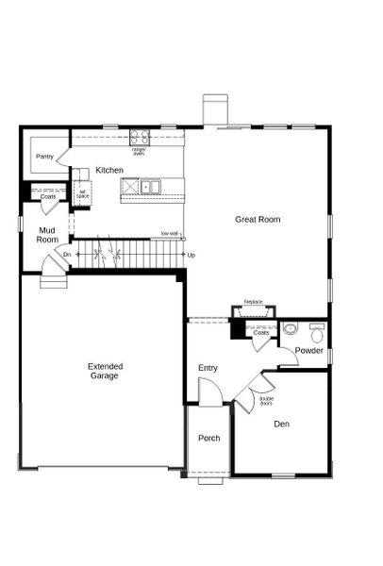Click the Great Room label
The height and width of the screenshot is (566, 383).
click(258, 220)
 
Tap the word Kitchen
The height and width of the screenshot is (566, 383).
click(109, 170)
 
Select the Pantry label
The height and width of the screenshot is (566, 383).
click(44, 157)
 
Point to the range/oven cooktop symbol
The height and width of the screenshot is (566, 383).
click(140, 137)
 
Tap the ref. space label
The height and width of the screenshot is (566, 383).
click(82, 196)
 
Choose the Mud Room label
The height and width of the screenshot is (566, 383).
click(47, 235)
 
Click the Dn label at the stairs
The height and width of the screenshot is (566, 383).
click(67, 255)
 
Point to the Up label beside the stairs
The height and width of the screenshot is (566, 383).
click(191, 255)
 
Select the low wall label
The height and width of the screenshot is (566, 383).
click(170, 233)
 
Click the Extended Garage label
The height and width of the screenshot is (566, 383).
click(104, 371)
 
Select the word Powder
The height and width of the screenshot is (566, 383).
click(308, 351)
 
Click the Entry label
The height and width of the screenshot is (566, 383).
click(208, 367)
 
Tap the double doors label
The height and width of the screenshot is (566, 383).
click(267, 401)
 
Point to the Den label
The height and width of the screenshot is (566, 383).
click(281, 424)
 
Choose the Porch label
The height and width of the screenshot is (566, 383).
click(208, 439)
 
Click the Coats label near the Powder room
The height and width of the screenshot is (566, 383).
click(261, 332)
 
